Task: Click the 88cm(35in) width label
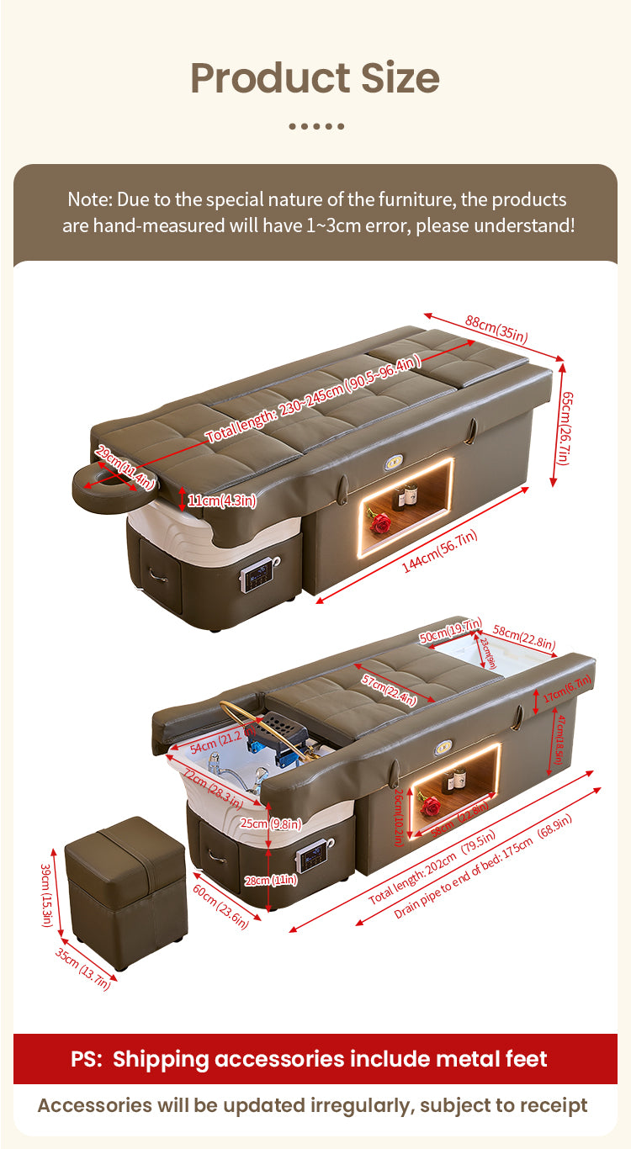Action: (496, 329)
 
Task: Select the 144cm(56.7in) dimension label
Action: (439, 553)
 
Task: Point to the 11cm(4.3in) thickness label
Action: (221, 500)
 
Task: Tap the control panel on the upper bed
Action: (255, 578)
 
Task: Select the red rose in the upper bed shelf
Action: (380, 523)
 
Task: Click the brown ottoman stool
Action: (125, 891)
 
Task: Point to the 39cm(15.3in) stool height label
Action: (47, 894)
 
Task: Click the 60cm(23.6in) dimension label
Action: (220, 907)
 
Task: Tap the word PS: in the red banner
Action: (87, 1059)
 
